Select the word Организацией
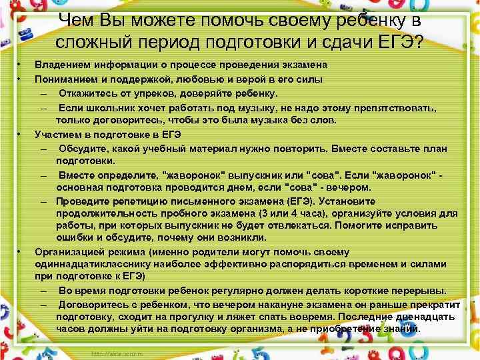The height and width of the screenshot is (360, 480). click(x=66, y=252)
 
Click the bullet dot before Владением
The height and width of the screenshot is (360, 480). click(x=20, y=65)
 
